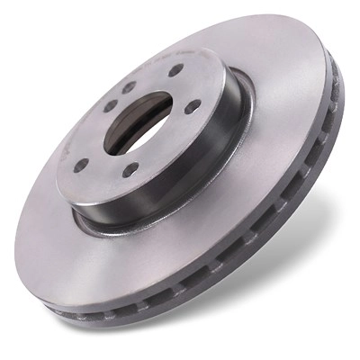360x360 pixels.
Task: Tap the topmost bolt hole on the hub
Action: (x=175, y=69)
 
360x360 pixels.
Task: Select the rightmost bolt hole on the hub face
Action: (x=193, y=106)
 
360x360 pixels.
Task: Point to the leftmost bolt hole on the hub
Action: (x=81, y=166)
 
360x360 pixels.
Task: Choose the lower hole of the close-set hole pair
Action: (x=111, y=105)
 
